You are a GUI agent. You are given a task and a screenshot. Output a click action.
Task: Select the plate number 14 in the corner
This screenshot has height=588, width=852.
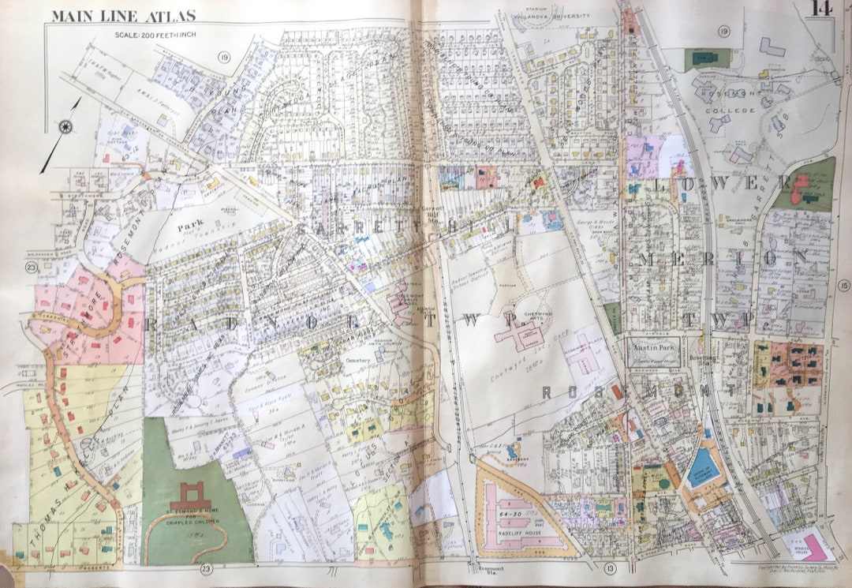[820, 9]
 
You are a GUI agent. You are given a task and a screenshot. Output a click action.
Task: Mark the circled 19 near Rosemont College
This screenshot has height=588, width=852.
[723, 31]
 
